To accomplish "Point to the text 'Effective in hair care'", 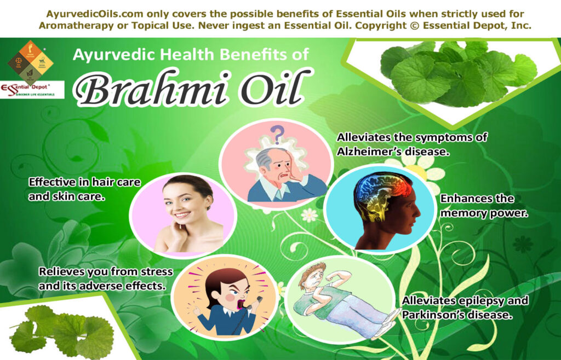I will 77,182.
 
